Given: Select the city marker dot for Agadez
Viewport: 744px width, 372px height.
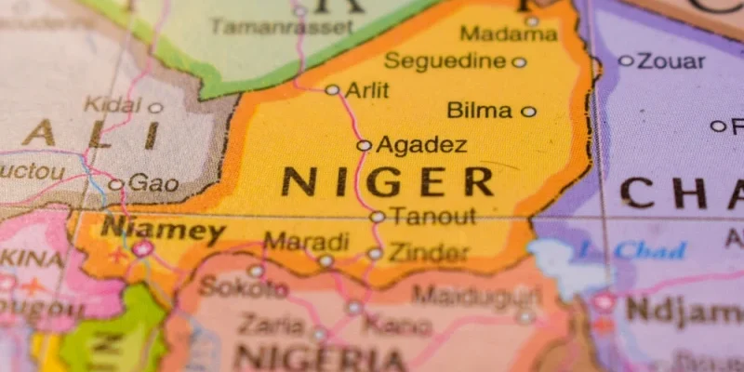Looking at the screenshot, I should coord(364,145).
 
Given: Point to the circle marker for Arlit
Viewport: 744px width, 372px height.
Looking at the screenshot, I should coord(332,90).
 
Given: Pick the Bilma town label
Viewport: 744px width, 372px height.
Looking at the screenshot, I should coord(480,111).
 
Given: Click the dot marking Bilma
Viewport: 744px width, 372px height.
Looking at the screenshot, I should coord(528,112).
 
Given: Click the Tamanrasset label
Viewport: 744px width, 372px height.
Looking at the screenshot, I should coord(282,27).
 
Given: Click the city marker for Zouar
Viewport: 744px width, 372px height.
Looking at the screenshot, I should coord(626,60).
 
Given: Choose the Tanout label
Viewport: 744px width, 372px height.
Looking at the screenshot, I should coord(432,217).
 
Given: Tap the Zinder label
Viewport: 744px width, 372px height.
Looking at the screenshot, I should coord(429,252).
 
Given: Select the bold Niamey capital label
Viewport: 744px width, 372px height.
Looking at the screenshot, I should coord(163,229).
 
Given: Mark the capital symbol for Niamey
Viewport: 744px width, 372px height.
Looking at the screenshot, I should coord(142,248).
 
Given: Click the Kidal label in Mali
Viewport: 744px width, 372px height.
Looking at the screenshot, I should coord(113,104).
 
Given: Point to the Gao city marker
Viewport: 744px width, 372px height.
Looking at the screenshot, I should coord(115,184).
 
